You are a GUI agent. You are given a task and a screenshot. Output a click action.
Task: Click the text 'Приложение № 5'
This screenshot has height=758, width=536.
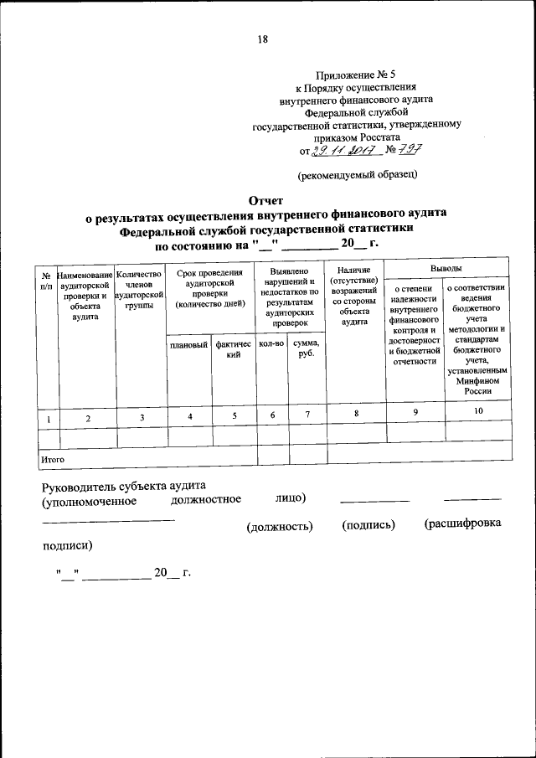357,74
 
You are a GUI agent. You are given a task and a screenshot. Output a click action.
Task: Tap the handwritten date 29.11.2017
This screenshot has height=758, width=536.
344,151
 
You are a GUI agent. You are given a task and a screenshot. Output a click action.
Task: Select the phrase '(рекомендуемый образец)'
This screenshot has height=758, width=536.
357,174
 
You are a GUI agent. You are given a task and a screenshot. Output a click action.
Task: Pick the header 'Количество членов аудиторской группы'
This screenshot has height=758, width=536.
140,289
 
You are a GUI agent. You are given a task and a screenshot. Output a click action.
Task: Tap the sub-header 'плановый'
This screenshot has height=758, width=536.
188,344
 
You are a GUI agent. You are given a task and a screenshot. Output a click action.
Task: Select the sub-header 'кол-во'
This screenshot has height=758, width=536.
272,344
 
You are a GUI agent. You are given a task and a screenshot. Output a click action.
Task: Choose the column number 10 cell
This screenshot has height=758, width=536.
478,411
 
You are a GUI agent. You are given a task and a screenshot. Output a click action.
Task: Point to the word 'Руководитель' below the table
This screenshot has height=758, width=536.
83,486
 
